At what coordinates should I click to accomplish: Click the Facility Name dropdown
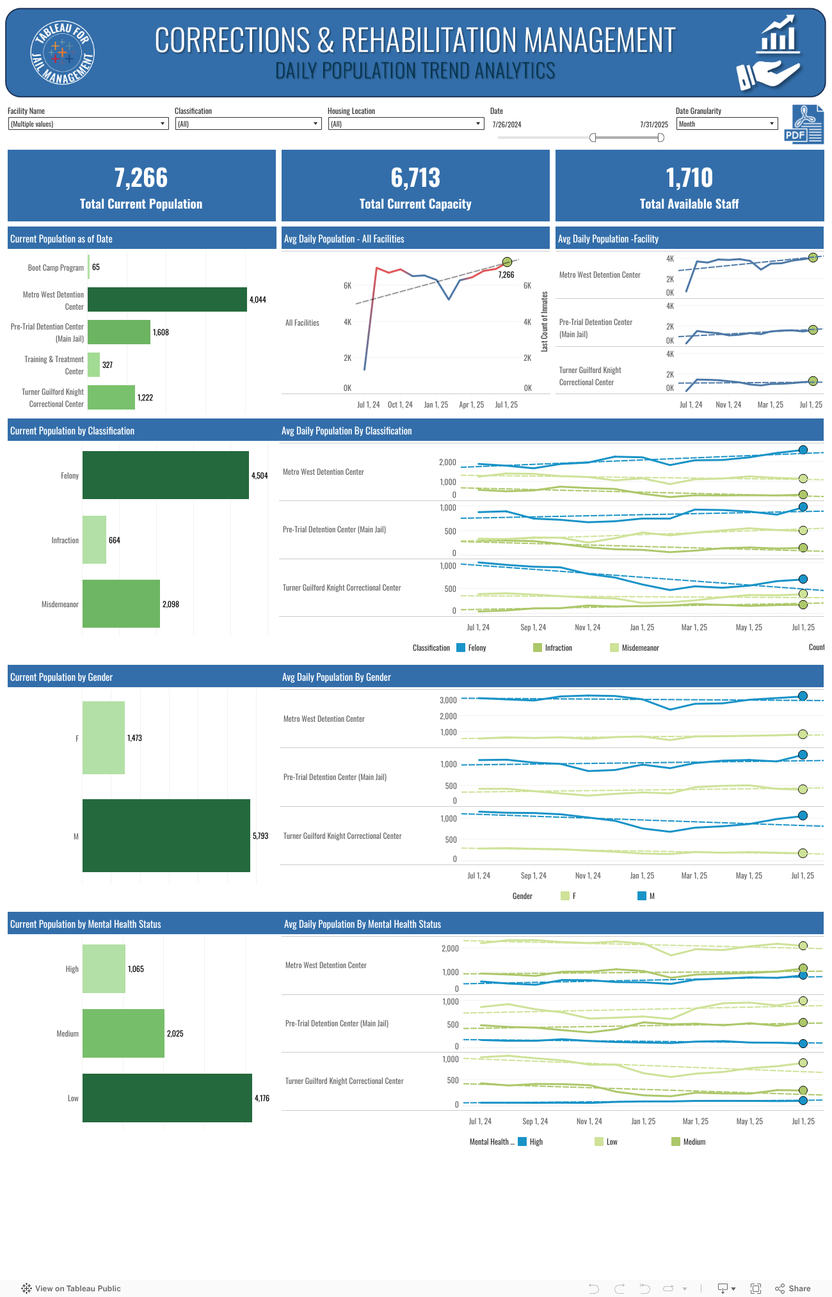[x=88, y=124]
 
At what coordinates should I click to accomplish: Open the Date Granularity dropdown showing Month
[x=726, y=124]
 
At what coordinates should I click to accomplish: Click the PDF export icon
[x=804, y=125]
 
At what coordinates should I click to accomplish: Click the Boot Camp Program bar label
[x=56, y=268]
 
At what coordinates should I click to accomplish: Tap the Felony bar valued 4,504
[x=165, y=475]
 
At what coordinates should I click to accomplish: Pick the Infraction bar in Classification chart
[x=94, y=540]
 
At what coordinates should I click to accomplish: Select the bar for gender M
[x=166, y=836]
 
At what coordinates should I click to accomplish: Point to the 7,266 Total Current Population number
[x=141, y=178]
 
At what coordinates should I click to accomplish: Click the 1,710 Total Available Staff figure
[x=689, y=178]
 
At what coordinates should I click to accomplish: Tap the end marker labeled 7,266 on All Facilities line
[x=507, y=262]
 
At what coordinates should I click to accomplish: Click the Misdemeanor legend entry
[x=639, y=648]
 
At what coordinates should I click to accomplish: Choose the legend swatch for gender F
[x=565, y=896]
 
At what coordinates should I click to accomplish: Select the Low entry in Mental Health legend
[x=611, y=1142]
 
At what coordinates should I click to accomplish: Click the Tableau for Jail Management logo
[x=63, y=52]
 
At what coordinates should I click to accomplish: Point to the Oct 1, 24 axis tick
[x=400, y=405]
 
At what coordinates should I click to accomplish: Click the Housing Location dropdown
[x=406, y=124]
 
